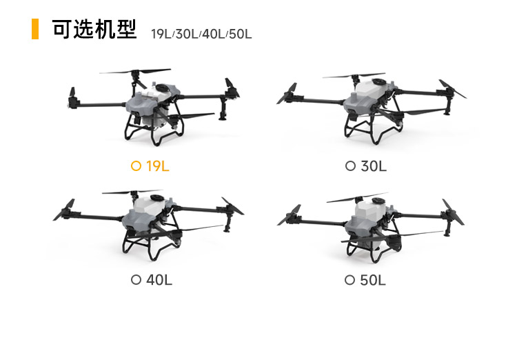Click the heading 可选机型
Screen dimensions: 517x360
94,30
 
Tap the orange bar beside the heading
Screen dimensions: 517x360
35,29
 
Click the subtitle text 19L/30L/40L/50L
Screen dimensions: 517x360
201,34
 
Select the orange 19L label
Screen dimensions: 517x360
158,166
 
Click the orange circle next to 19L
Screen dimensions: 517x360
136,166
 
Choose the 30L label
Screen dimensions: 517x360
374,166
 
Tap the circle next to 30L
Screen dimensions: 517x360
350,166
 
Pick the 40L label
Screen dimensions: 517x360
159,280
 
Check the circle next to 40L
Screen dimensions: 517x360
136,280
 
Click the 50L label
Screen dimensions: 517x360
373,280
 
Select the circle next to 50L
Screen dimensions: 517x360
349,280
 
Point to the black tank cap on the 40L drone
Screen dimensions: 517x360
157,198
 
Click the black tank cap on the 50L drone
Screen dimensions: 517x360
378,201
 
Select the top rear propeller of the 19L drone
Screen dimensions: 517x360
135,71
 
